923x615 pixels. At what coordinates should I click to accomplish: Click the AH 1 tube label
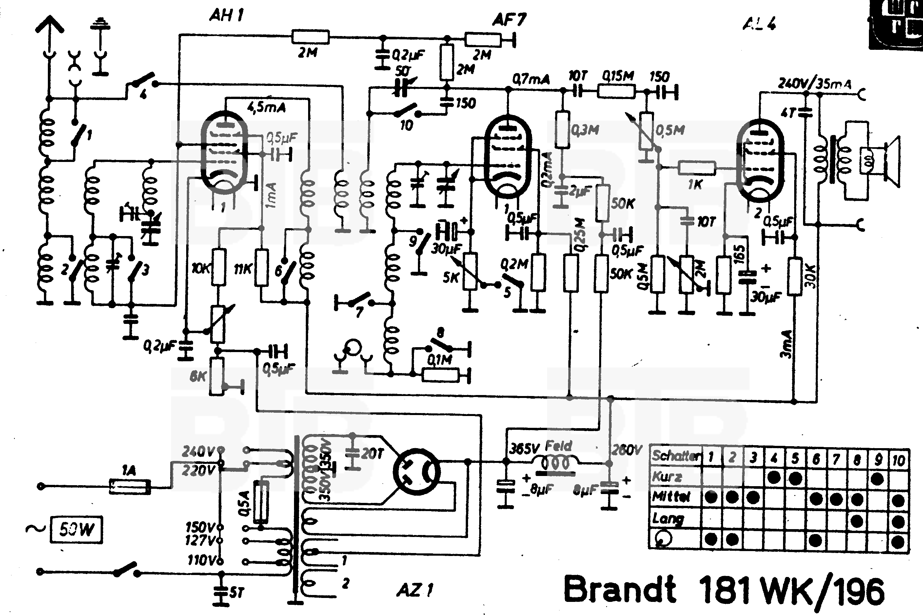226,15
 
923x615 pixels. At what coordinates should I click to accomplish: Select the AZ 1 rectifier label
415,589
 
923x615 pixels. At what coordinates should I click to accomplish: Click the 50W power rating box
76,529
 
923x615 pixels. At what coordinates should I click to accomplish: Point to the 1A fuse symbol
129,487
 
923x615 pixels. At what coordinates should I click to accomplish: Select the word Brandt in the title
619,589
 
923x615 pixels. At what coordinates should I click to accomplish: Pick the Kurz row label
667,477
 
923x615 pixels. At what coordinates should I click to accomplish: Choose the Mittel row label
671,497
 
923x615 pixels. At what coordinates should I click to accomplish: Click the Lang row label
668,519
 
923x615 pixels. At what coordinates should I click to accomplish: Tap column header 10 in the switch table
898,459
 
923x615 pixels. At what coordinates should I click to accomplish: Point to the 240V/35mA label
814,84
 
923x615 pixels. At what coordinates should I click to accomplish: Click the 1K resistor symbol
697,169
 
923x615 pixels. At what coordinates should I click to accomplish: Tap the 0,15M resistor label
618,76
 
